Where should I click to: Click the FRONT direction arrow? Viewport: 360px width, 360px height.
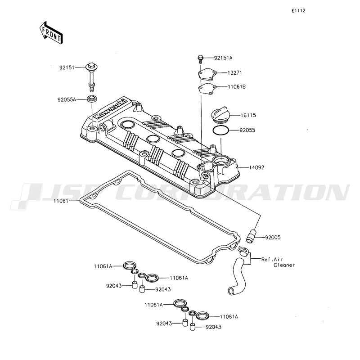point(51,33)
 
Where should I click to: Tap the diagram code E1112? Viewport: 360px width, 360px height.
point(298,10)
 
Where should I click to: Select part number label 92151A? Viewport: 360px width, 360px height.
point(223,58)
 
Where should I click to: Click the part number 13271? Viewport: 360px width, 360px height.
point(235,73)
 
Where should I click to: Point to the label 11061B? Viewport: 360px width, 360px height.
point(237,87)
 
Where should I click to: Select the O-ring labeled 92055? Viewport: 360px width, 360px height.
point(220,131)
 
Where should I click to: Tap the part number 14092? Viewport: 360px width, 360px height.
point(256,167)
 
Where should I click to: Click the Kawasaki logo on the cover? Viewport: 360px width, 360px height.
point(110,108)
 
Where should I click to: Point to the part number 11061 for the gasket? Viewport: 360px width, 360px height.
point(61,201)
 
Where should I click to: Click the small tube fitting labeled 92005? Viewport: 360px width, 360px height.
point(251,236)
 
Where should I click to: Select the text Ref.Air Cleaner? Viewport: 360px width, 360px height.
point(278,262)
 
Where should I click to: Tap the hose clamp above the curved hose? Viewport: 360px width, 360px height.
point(243,250)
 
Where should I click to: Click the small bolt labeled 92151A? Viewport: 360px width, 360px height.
point(200,59)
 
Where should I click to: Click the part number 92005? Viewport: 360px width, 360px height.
point(273,238)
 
